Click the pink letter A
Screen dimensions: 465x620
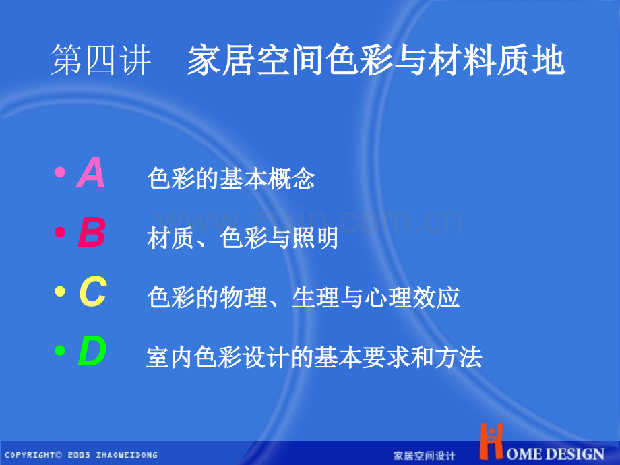point(91,173)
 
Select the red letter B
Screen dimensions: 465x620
point(92,234)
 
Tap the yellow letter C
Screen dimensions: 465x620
point(92,293)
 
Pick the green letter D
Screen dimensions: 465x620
point(92,352)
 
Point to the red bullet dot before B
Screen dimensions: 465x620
point(60,232)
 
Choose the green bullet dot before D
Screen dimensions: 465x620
point(60,351)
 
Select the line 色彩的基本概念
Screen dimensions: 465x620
point(231,179)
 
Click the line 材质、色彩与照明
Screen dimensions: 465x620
point(243,239)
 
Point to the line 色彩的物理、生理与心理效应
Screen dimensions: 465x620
point(303,298)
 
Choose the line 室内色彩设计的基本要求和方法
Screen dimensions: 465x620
point(314,357)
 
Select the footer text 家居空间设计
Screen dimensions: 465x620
point(424,456)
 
